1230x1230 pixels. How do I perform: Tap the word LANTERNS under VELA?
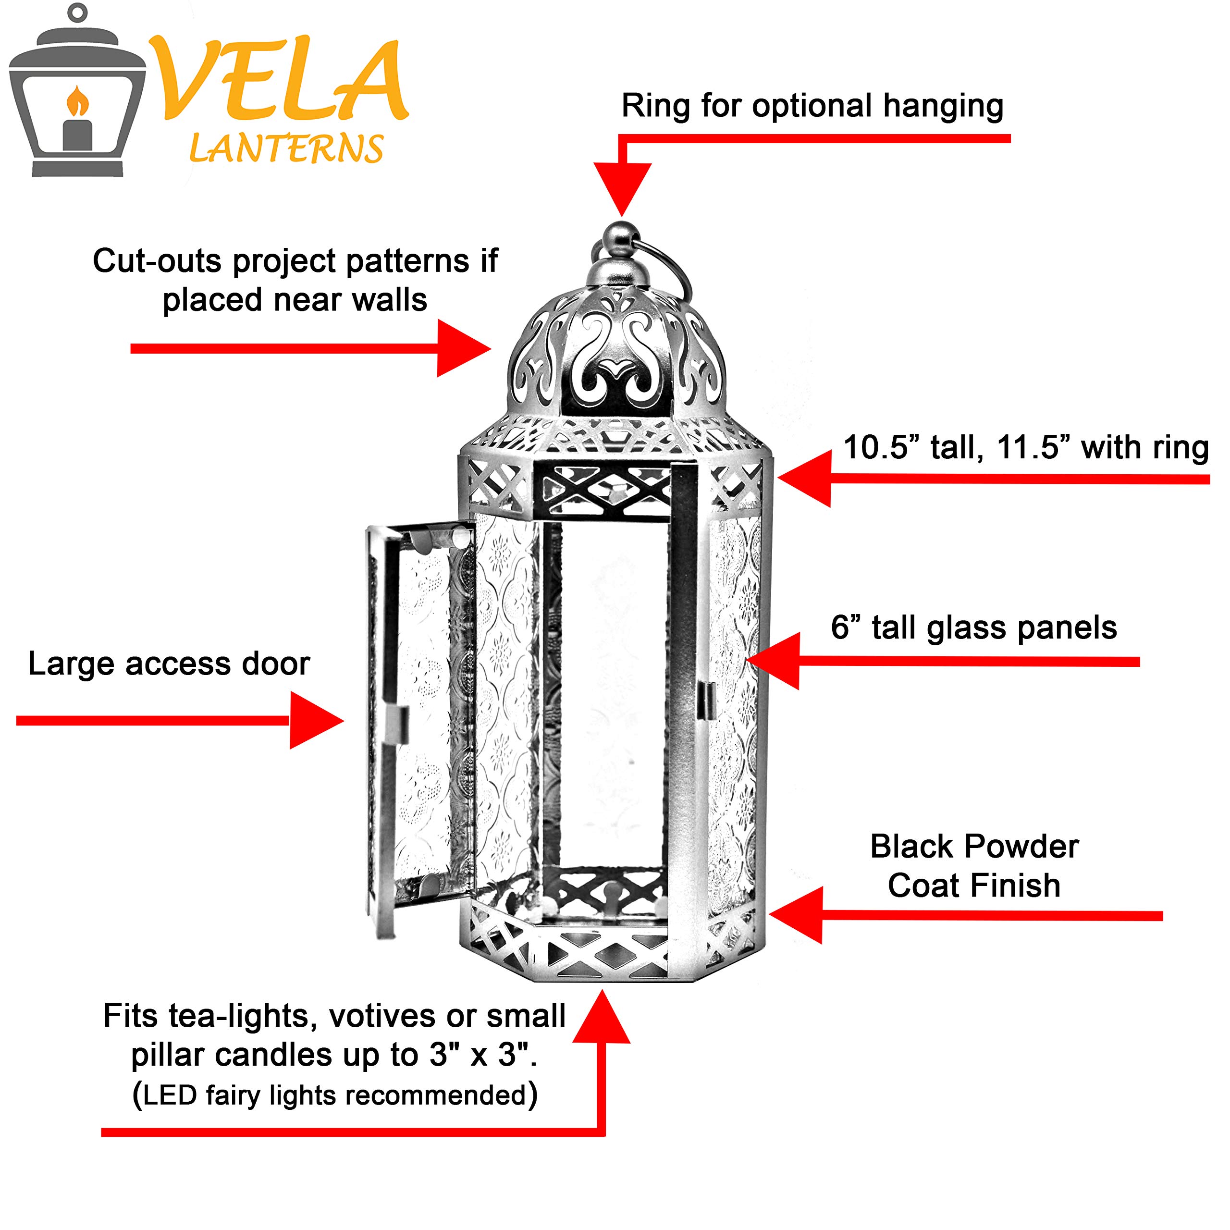point(286,149)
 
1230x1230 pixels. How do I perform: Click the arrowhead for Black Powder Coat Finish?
point(795,915)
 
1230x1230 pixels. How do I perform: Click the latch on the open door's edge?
point(397,725)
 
